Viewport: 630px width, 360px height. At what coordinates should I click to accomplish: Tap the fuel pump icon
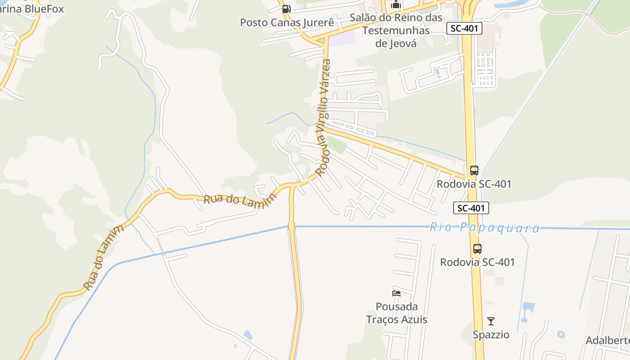coord(286,9)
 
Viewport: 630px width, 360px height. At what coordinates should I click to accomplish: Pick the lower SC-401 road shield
coord(471,208)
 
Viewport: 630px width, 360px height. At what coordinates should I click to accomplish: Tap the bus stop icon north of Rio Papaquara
coord(474,171)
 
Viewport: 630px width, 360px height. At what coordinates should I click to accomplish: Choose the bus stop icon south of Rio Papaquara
coord(477,249)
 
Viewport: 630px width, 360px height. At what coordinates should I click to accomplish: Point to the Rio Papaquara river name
coord(484,228)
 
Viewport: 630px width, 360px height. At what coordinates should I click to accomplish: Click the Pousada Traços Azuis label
coord(396,313)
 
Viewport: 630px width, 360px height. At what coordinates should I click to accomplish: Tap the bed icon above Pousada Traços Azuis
coord(396,293)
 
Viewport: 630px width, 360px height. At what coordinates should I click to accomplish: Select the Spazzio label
coord(491,335)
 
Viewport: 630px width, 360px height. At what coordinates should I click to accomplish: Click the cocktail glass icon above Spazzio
coord(491,321)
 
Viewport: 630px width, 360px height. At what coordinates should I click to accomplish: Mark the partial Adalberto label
coord(607,340)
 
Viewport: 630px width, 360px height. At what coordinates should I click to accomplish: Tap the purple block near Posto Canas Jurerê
coord(342,38)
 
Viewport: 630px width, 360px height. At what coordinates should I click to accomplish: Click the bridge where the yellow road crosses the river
coord(291,226)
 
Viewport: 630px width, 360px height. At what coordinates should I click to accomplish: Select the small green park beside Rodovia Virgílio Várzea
coord(336,144)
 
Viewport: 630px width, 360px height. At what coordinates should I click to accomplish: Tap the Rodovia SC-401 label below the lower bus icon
coord(477,262)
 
